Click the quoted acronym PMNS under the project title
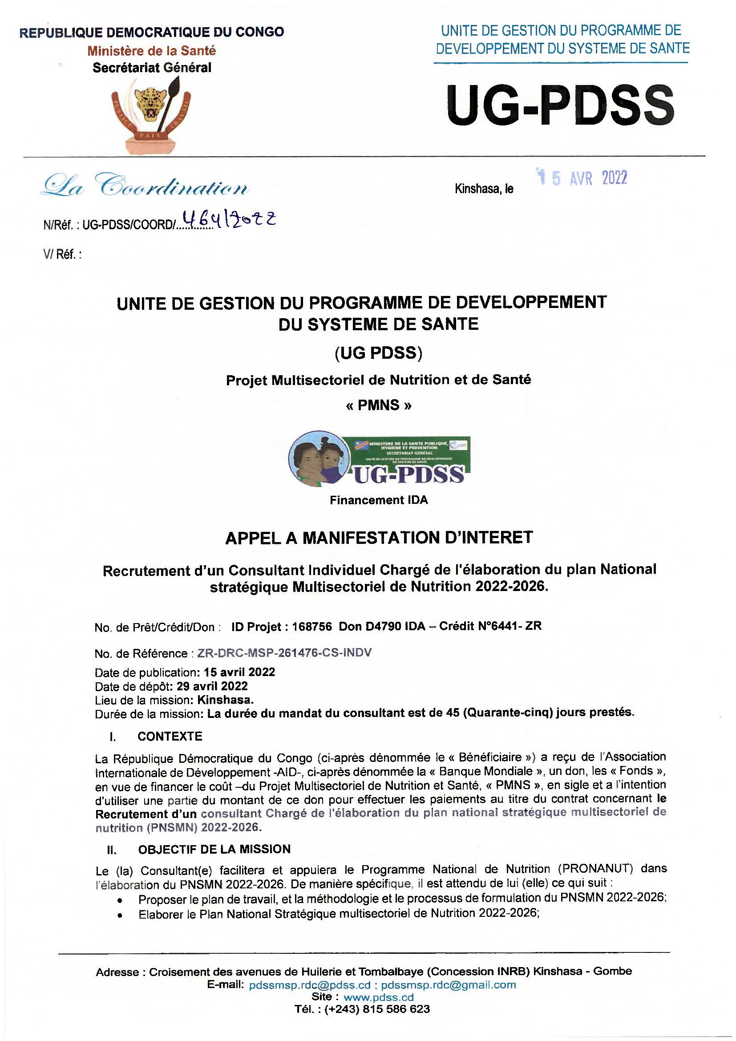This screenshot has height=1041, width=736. (x=378, y=405)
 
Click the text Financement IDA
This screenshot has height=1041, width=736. (x=378, y=500)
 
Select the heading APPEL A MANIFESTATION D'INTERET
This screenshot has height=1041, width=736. (x=378, y=538)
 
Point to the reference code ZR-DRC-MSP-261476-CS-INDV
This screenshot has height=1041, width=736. (x=285, y=652)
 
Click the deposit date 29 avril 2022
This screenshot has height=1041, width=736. (x=213, y=686)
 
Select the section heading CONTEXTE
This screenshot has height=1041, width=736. (x=170, y=736)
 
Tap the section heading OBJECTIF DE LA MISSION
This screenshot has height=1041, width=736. (x=214, y=849)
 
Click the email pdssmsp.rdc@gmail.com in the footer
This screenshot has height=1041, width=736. (x=448, y=985)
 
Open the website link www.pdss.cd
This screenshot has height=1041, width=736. (x=378, y=997)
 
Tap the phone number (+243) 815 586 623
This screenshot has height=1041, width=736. (x=377, y=1009)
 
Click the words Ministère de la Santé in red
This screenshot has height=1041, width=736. (x=151, y=51)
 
